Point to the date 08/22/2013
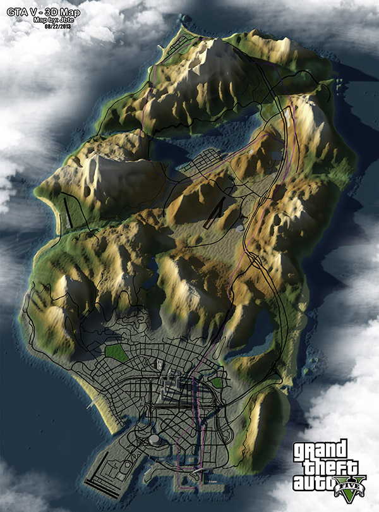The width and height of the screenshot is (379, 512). [57, 27]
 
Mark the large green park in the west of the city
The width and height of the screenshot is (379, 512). [114, 353]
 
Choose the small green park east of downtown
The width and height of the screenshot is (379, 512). [218, 382]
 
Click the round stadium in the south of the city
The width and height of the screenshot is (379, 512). [153, 439]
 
